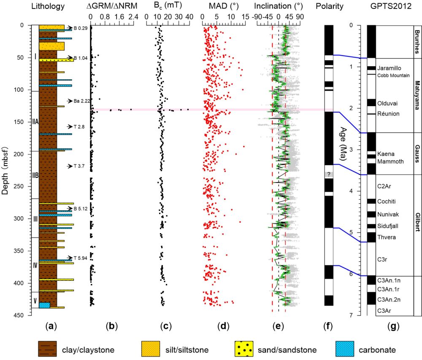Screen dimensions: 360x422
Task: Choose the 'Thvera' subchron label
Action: point(387,237)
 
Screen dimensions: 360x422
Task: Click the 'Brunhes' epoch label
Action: point(417,42)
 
